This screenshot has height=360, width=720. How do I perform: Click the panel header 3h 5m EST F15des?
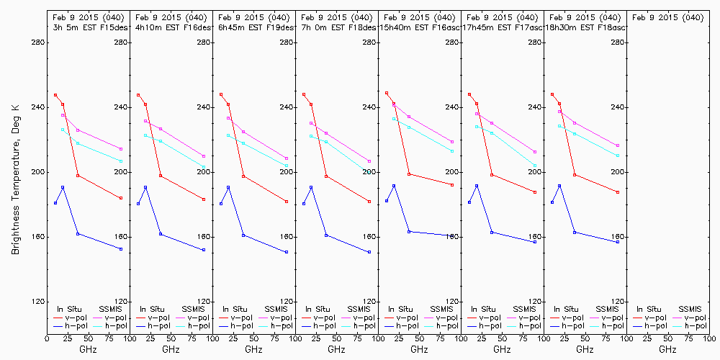pyautogui.click(x=88, y=27)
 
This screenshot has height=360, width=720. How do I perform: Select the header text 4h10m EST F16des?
pyautogui.click(x=171, y=27)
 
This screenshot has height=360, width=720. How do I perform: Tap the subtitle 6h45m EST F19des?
pyautogui.click(x=254, y=27)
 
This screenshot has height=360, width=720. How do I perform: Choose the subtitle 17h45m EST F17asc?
pyautogui.click(x=503, y=27)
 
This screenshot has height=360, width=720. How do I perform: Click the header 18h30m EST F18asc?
pyautogui.click(x=585, y=27)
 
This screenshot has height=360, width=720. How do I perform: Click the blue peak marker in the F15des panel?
pyautogui.click(x=63, y=187)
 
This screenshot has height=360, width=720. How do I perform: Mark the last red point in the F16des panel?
pyautogui.click(x=204, y=199)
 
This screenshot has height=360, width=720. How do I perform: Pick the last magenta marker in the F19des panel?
pyautogui.click(x=287, y=158)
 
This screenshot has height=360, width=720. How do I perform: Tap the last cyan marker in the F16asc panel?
pyautogui.click(x=452, y=151)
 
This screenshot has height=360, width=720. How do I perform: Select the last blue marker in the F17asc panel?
pyautogui.click(x=535, y=242)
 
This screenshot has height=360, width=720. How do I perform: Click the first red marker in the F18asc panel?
pyautogui.click(x=552, y=94)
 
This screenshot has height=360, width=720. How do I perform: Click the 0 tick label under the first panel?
pyautogui.click(x=47, y=338)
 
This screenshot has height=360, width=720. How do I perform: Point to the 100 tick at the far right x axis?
pyautogui.click(x=710, y=338)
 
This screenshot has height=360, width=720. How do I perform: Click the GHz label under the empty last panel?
pyautogui.click(x=668, y=349)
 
